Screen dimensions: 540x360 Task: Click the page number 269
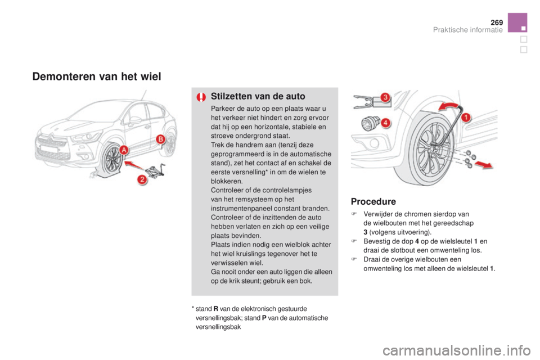[497, 22]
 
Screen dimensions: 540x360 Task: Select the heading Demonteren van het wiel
[97, 76]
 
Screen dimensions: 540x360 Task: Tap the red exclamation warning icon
[201, 97]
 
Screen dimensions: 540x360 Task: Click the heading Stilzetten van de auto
[258, 96]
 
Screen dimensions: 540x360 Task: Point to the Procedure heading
[373, 201]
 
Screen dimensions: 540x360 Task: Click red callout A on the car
[124, 150]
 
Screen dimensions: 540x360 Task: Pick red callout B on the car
[160, 139]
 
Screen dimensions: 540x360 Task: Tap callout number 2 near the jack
[142, 179]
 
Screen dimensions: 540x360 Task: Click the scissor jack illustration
[155, 170]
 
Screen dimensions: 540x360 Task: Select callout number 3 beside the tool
[385, 97]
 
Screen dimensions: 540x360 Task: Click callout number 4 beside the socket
[385, 122]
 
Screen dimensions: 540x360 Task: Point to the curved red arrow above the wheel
[448, 105]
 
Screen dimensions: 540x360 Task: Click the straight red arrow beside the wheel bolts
[484, 165]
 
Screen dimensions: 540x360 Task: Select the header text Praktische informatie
[467, 30]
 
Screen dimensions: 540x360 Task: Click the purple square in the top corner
[517, 22]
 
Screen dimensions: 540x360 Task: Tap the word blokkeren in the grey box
[226, 181]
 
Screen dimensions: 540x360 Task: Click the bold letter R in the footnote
[215, 309]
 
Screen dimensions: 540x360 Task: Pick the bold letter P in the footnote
[264, 318]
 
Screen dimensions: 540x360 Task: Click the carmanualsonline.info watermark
[456, 350]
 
